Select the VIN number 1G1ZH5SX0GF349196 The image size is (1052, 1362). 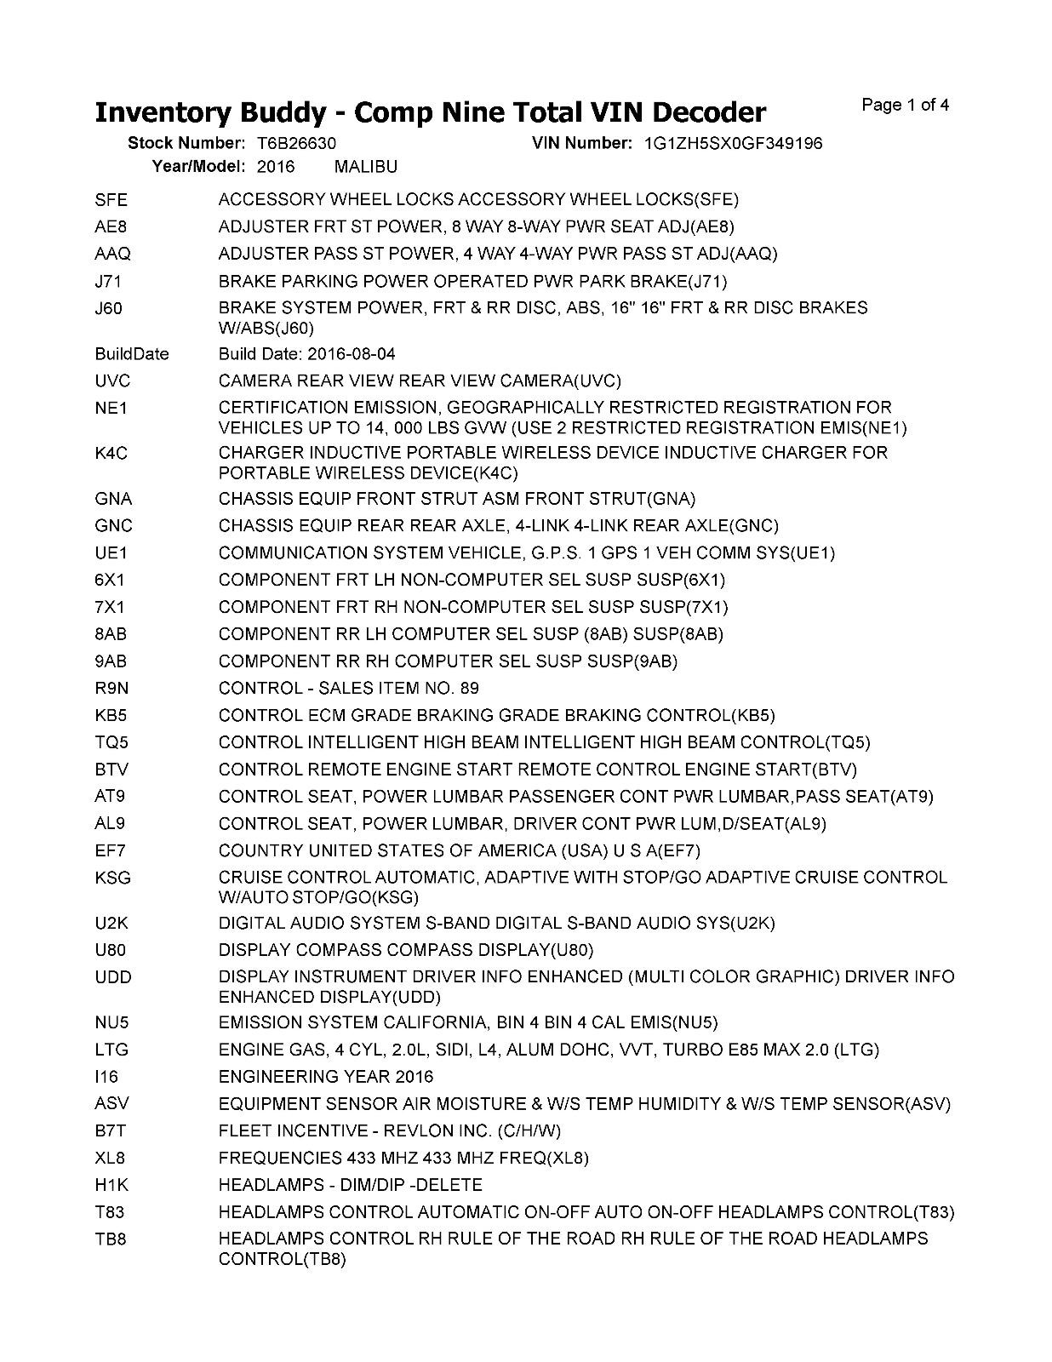734,143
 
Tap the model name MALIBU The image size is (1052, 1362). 366,166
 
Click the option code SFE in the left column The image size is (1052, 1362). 111,200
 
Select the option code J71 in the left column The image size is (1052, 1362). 109,281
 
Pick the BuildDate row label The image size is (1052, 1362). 132,354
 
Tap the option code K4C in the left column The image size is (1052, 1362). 111,454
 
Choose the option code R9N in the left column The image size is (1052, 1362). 111,689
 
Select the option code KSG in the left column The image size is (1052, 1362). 113,878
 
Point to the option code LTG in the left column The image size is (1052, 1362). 111,1050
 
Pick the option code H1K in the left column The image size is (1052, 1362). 111,1186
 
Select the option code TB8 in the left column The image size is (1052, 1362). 111,1239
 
